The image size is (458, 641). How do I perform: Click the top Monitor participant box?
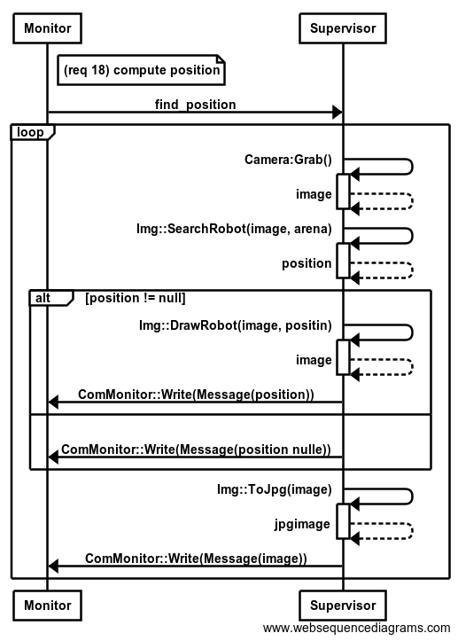coord(47,28)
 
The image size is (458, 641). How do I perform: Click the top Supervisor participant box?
coord(343,28)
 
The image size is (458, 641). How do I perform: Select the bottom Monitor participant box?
coord(47,606)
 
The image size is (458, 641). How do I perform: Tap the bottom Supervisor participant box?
coord(343,606)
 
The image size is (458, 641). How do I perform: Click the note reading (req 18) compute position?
coord(142,70)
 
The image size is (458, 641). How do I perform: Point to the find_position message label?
coord(195,105)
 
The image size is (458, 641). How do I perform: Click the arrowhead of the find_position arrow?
coord(338,112)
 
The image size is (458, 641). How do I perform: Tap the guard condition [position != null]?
coord(136,298)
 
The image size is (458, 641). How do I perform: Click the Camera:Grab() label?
coord(288,160)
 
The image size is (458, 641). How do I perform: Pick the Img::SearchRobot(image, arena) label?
coord(234,229)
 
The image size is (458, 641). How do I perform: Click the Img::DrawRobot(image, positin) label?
coord(236,325)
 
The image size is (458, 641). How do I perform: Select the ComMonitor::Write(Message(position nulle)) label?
coord(196,449)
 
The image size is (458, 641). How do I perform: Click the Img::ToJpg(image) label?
coord(275,489)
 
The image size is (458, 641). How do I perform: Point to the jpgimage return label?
coord(302,524)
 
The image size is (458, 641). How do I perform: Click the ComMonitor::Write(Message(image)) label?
coord(196,559)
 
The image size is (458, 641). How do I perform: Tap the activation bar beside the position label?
coord(343,261)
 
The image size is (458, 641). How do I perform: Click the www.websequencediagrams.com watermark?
coord(357,628)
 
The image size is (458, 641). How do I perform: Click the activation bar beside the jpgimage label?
coord(343,521)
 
